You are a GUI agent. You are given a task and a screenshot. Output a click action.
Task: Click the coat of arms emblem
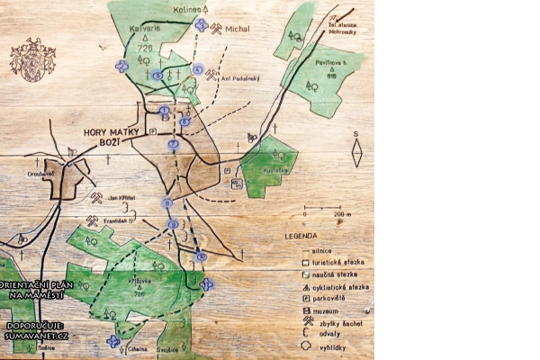[x=32, y=60]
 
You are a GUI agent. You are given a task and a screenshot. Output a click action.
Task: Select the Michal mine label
[x=238, y=28]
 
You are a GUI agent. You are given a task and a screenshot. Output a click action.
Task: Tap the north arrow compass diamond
[x=356, y=155]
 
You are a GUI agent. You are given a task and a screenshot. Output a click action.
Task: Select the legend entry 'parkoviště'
[x=330, y=297]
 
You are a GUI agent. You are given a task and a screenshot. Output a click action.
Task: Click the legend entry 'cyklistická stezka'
[x=339, y=285]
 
